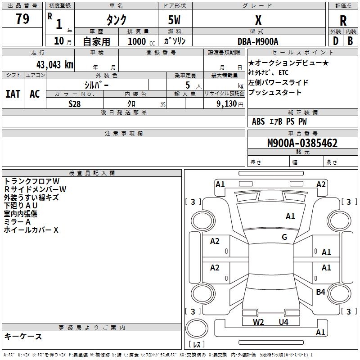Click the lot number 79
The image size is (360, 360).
click(x=22, y=19)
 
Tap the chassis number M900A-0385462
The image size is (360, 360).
click(x=297, y=143)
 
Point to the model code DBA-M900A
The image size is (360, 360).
click(x=258, y=41)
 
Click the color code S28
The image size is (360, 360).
click(x=75, y=104)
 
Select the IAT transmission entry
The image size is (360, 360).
click(x=13, y=94)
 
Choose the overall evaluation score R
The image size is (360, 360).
click(x=343, y=20)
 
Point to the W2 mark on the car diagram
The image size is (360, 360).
click(x=258, y=322)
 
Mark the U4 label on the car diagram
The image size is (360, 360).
click(x=283, y=322)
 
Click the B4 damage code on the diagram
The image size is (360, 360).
click(x=320, y=292)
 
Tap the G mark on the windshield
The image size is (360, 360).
click(x=284, y=237)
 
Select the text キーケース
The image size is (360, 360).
click(x=23, y=337)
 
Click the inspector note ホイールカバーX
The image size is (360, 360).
click(x=31, y=230)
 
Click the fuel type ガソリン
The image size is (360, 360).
click(x=175, y=41)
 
